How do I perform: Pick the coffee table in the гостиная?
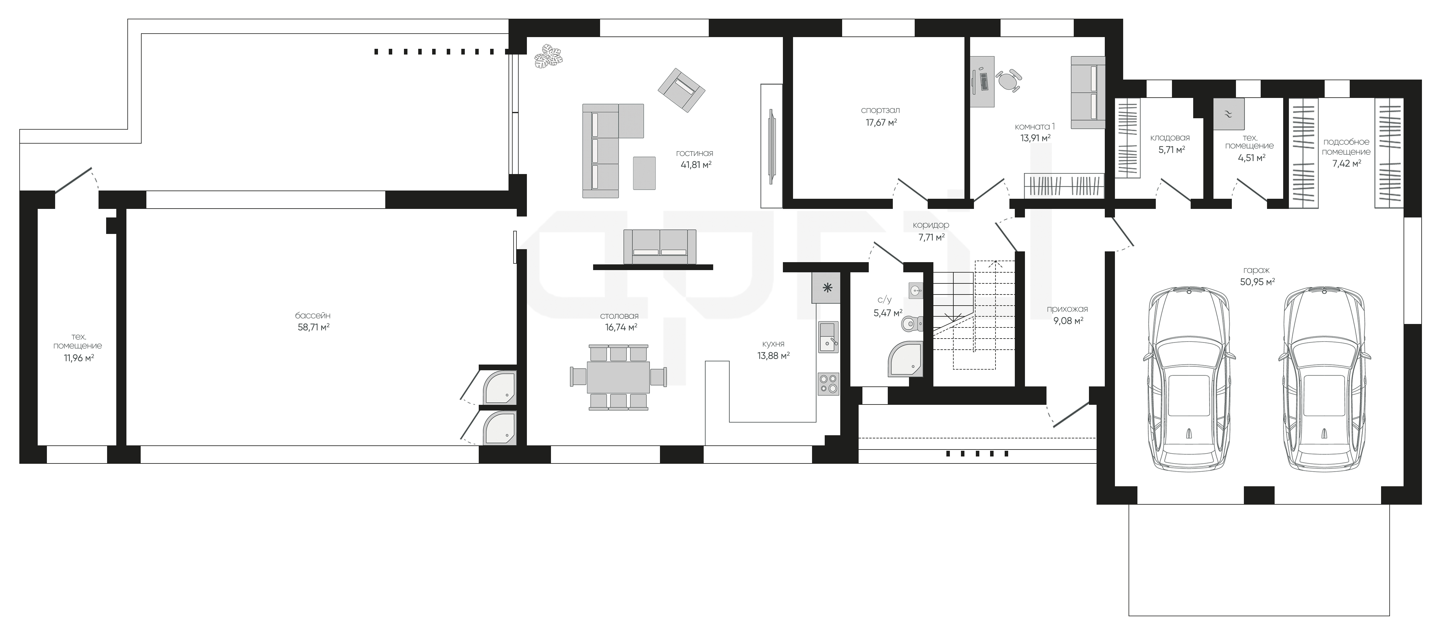point(644,173)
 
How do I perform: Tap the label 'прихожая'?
point(1067,309)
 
